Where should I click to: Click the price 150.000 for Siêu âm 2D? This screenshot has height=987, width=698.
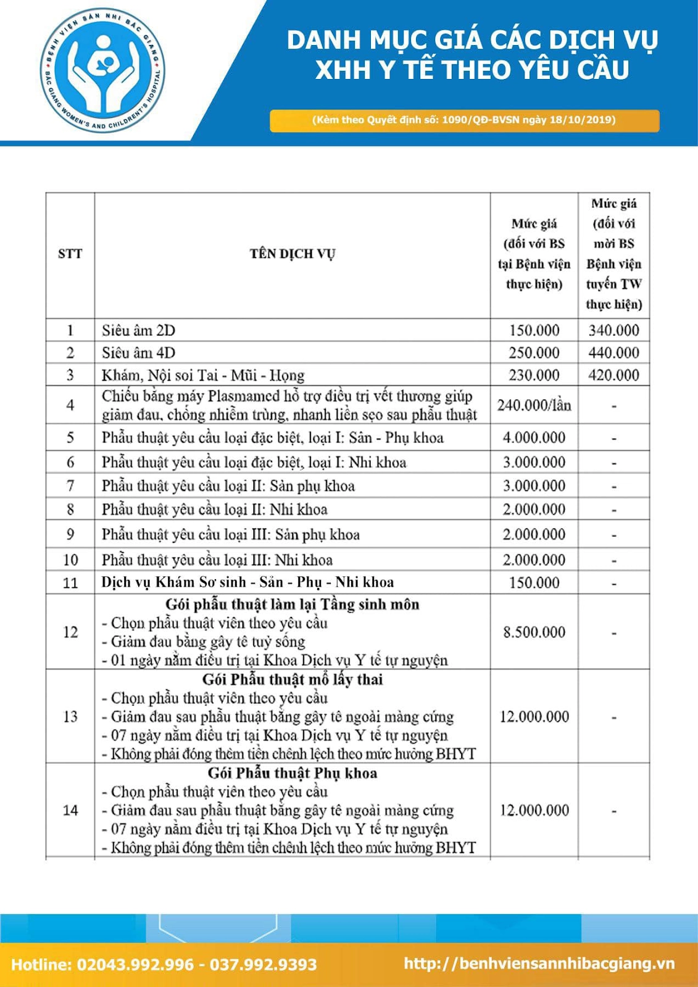pyautogui.click(x=534, y=330)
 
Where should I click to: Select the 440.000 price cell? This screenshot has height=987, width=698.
pyautogui.click(x=613, y=353)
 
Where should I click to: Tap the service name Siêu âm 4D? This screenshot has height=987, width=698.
pyautogui.click(x=139, y=353)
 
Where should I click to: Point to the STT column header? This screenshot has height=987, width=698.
pyautogui.click(x=70, y=254)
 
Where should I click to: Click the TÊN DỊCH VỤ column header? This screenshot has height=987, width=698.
pyautogui.click(x=292, y=254)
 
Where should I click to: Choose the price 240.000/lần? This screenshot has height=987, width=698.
pyautogui.click(x=534, y=405)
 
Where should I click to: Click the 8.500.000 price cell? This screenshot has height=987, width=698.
pyautogui.click(x=534, y=632)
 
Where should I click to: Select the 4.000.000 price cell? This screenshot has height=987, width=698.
pyautogui.click(x=534, y=437)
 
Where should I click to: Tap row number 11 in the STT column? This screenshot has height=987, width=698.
pyautogui.click(x=70, y=582)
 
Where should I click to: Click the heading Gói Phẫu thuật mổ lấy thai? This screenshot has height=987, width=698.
pyautogui.click(x=293, y=680)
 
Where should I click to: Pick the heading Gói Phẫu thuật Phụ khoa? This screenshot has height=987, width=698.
pyautogui.click(x=293, y=774)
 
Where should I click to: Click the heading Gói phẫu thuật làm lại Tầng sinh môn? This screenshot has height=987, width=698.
pyautogui.click(x=293, y=605)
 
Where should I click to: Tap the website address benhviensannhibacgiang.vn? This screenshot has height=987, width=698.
pyautogui.click(x=539, y=964)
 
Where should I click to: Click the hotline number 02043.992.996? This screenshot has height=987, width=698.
pyautogui.click(x=135, y=965)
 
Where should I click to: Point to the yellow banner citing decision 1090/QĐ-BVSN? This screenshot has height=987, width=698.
pyautogui.click(x=464, y=120)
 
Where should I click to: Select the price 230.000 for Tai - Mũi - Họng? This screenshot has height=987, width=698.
pyautogui.click(x=534, y=375)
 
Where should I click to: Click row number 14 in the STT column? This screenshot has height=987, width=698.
pyautogui.click(x=70, y=810)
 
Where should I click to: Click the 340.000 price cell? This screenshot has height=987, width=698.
pyautogui.click(x=613, y=330)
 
